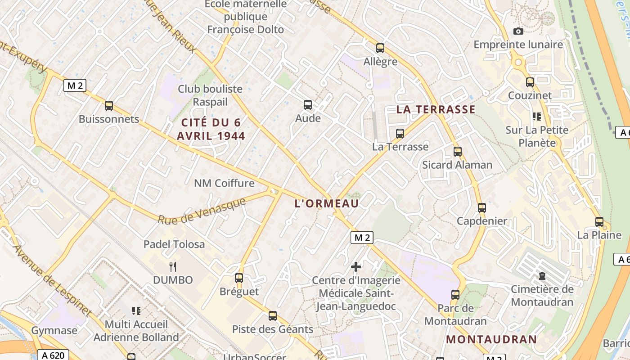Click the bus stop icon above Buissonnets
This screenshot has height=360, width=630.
pyautogui.click(x=109, y=106)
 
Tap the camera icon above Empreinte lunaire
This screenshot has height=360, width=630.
pyautogui.click(x=518, y=31)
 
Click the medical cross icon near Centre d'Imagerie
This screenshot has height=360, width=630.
pyautogui.click(x=356, y=267)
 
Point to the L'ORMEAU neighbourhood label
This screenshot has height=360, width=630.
pyautogui.click(x=327, y=203)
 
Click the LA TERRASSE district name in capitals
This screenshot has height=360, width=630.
pyautogui.click(x=436, y=109)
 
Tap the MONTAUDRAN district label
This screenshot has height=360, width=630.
pyautogui.click(x=491, y=339)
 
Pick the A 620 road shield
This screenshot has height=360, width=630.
pyautogui.click(x=53, y=355)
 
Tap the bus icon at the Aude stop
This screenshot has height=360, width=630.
pyautogui.click(x=308, y=105)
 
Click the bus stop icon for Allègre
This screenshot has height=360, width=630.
pyautogui.click(x=380, y=48)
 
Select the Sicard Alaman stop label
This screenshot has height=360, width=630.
pyautogui.click(x=457, y=165)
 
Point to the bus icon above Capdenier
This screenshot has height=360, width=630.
pyautogui.click(x=482, y=208)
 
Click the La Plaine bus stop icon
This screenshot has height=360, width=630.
pyautogui.click(x=599, y=221)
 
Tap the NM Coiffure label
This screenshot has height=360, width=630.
pyautogui.click(x=224, y=183)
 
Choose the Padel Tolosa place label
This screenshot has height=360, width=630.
pyautogui.click(x=174, y=244)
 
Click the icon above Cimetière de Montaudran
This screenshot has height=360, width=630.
pyautogui.click(x=542, y=276)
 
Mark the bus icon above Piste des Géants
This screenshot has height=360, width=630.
pyautogui.click(x=273, y=316)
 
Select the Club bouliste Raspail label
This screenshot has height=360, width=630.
pyautogui.click(x=210, y=95)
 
